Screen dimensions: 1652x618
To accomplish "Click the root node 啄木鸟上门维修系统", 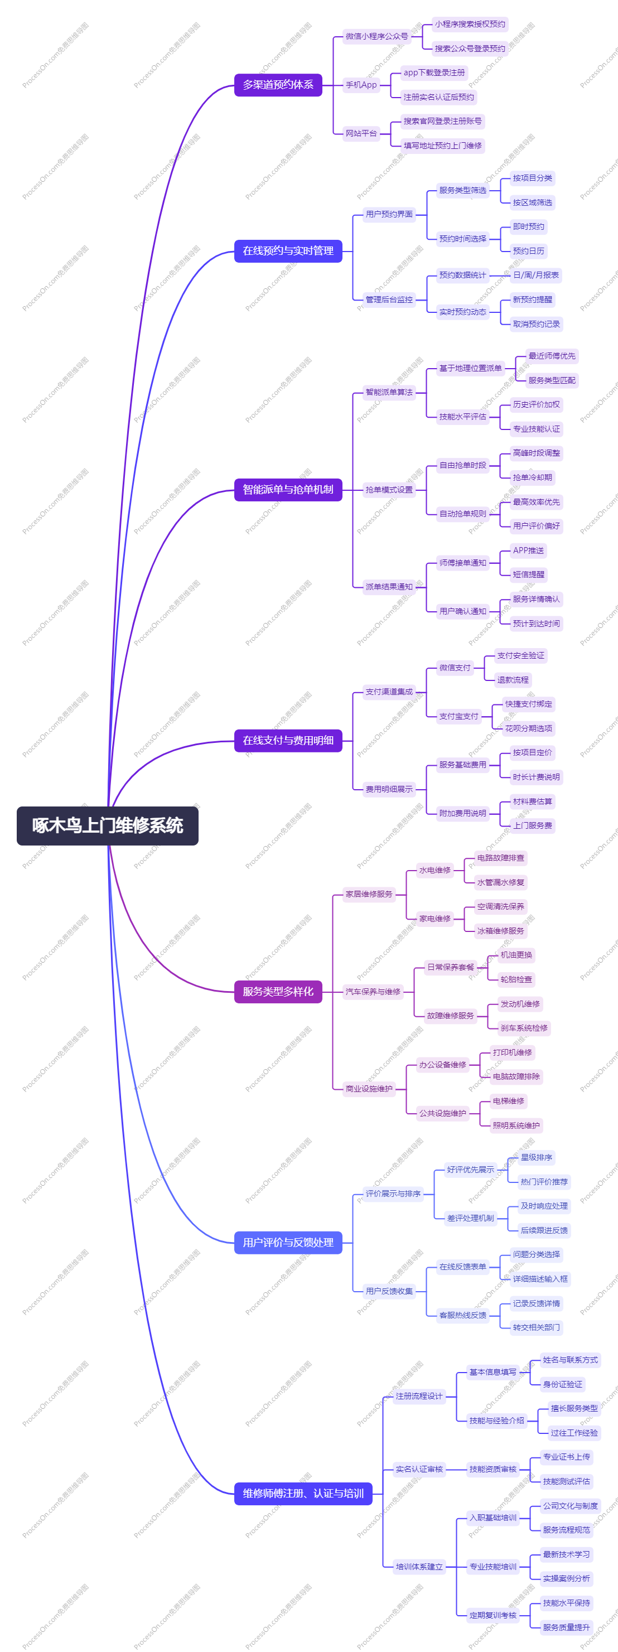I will [x=108, y=825].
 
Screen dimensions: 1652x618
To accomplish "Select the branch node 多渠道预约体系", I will [x=278, y=85].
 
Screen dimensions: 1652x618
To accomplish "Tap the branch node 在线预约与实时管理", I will [x=288, y=251].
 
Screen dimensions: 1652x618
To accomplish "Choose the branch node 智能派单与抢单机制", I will [x=288, y=489].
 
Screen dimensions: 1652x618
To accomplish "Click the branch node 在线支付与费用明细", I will [x=288, y=740].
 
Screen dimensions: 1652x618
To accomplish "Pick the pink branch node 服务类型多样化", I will [x=278, y=992].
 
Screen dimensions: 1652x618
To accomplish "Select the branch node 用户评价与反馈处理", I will [x=288, y=1242].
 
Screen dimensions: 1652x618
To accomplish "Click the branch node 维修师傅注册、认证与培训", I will [x=303, y=1494].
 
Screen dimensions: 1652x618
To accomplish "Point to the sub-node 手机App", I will [x=361, y=85].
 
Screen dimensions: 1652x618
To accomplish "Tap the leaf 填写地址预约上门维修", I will [x=442, y=146].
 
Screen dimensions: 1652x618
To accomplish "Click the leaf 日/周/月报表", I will [x=535, y=275].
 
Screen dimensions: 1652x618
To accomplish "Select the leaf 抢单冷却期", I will [x=532, y=477].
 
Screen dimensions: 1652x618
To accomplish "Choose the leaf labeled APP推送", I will [x=528, y=550].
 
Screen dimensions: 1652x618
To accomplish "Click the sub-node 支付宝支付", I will [x=458, y=716].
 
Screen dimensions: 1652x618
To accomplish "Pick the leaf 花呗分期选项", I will [x=528, y=728].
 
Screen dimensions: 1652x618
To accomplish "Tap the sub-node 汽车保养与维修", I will [x=373, y=992].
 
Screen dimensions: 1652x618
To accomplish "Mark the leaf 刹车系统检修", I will [x=524, y=1028].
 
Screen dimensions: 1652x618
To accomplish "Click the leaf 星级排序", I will [x=536, y=1157].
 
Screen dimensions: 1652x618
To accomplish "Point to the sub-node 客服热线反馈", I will [x=462, y=1315].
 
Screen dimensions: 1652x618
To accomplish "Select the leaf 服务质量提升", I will [x=566, y=1627].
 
